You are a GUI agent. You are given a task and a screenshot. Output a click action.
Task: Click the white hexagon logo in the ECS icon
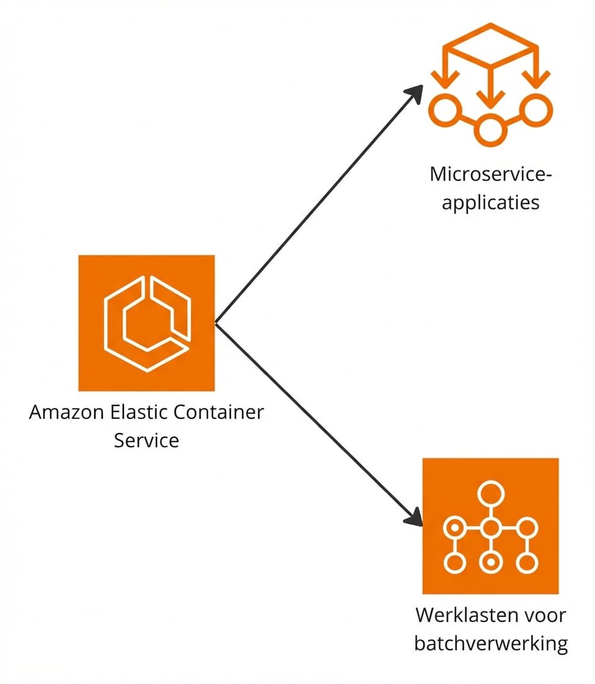(147, 323)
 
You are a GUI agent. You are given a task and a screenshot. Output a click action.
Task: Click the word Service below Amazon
(146, 441)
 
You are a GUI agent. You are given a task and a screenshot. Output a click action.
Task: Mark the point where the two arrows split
(216, 323)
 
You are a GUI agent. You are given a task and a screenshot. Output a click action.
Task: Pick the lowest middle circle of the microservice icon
(490, 130)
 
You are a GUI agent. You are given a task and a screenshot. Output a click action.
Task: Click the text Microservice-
(490, 174)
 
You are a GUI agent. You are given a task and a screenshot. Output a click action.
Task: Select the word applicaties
(490, 203)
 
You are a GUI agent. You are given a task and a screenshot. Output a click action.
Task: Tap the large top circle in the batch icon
(490, 494)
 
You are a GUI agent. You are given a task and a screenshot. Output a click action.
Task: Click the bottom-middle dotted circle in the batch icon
(490, 563)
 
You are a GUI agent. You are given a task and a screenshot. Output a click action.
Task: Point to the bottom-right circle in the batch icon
(526, 563)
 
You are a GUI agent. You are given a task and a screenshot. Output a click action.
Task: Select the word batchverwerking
(490, 644)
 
